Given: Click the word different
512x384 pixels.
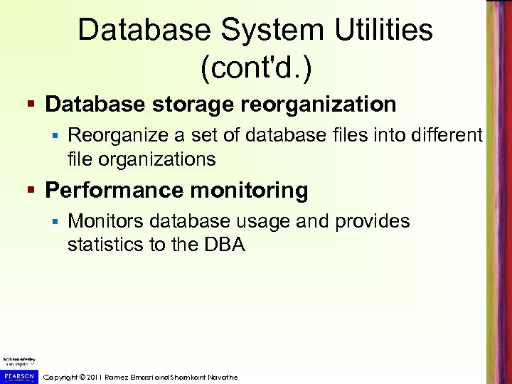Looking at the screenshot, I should click(441, 134).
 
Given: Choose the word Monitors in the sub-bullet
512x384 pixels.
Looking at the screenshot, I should click(105, 221).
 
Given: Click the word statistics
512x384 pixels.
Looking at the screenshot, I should click(102, 245).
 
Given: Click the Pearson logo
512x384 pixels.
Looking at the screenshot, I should click(19, 375).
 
